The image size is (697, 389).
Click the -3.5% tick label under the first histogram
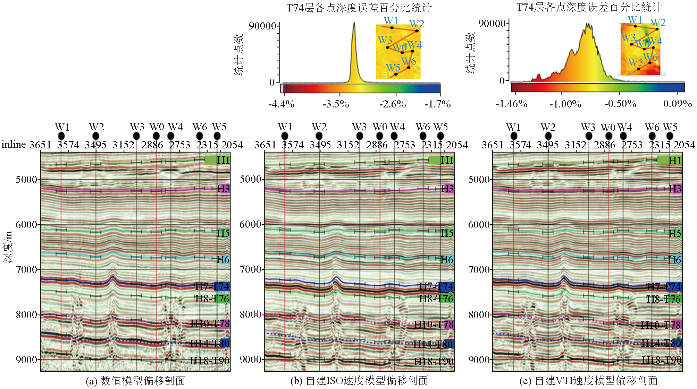[x=336, y=104]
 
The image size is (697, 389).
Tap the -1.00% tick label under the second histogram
[x=565, y=104]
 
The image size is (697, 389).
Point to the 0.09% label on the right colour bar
[x=677, y=104]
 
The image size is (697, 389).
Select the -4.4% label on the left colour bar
[x=281, y=104]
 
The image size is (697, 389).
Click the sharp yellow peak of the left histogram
[x=354, y=24]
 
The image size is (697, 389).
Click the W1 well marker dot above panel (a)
[x=61, y=136]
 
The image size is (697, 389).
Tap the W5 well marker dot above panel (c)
[x=670, y=136]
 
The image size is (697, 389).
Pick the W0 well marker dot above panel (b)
[x=380, y=136]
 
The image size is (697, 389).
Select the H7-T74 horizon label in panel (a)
[x=212, y=286]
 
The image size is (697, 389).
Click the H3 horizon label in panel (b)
[x=447, y=189]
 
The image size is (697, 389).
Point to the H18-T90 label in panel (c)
[x=662, y=361]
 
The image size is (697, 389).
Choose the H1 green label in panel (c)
[x=675, y=160]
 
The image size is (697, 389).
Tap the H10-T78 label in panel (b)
[x=434, y=325]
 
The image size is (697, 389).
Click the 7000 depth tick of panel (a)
[x=27, y=269]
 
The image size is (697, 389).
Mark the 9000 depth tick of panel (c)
[x=479, y=360]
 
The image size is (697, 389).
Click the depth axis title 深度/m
[x=8, y=247]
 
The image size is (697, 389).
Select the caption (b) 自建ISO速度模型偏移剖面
[x=359, y=381]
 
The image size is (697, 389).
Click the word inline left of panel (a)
[x=14, y=144]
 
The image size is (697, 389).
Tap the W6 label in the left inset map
[x=409, y=61]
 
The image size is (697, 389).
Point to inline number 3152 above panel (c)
[x=576, y=145]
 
